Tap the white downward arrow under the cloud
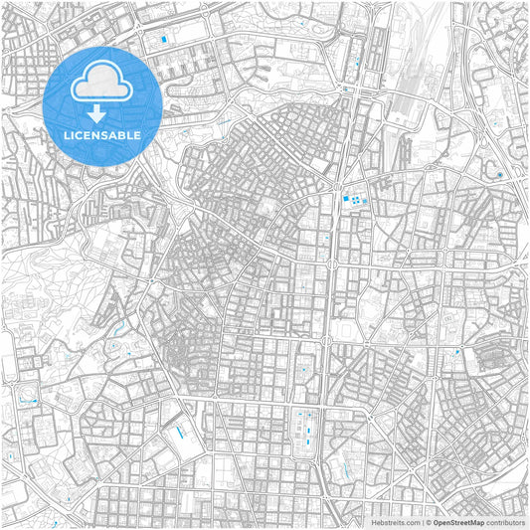tap(95, 111)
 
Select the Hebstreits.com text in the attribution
tap(396, 521)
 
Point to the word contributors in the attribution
tap(505, 521)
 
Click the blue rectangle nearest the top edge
tap(164, 39)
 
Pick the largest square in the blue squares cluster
tap(347, 200)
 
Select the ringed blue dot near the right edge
tap(499, 176)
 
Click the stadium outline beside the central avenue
tap(344, 328)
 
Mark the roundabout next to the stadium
tap(325, 342)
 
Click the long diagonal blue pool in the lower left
tap(180, 433)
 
